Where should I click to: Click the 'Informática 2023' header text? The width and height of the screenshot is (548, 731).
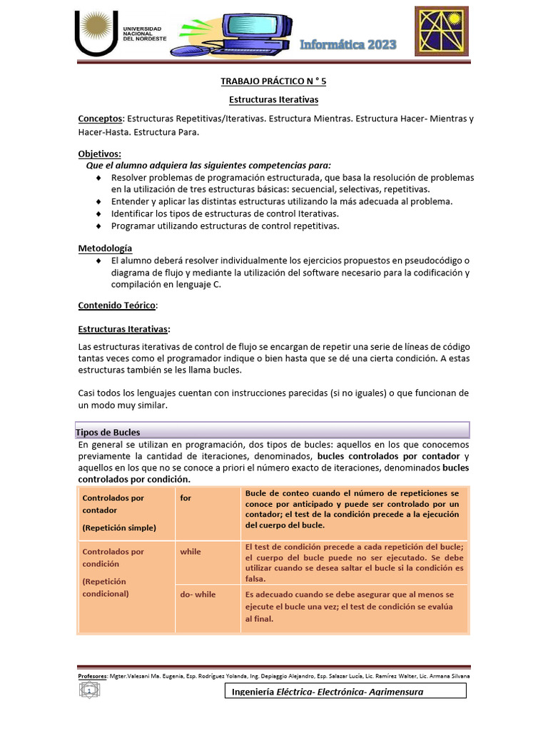[348, 46]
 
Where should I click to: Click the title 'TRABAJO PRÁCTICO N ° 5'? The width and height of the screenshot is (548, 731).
[273, 81]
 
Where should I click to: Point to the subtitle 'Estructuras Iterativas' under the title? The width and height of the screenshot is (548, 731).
[273, 99]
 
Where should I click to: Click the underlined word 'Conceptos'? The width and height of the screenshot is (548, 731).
[101, 119]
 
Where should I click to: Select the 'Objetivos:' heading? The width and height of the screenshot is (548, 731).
[100, 153]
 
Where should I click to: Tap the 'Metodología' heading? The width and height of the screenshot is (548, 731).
[105, 248]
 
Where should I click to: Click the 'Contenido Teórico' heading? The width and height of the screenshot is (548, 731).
[116, 305]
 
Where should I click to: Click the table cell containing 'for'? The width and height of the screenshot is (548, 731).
[207, 510]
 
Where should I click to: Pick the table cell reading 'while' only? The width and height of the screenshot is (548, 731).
[207, 562]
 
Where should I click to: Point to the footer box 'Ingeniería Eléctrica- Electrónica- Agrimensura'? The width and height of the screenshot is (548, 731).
[345, 692]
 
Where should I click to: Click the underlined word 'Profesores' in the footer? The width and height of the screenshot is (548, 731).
[92, 675]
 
